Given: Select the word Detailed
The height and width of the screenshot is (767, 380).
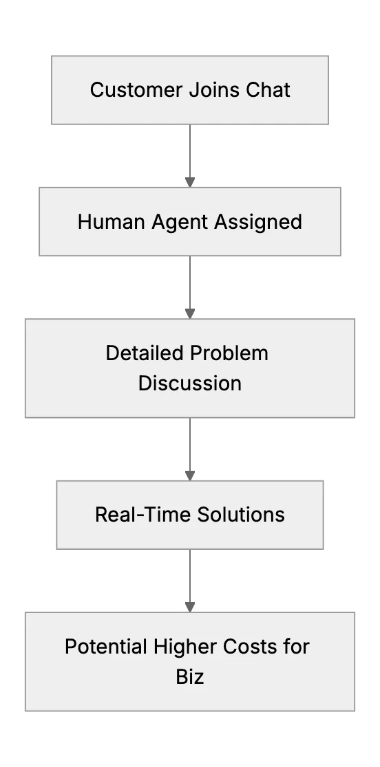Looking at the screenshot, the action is coord(145,353).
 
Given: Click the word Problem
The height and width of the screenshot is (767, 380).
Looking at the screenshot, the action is coord(229,353).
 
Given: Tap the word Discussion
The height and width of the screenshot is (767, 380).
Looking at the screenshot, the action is coord(190,383).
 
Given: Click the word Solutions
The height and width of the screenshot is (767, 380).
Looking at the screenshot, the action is coord(241,515).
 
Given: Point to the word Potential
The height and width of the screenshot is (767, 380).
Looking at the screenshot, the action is coord(106,647).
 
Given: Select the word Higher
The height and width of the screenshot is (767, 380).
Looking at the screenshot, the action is coord(185,647).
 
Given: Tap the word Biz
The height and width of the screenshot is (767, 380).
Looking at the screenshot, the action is coord(190,677).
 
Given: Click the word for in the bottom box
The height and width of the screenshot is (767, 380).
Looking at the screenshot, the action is coord(296,647).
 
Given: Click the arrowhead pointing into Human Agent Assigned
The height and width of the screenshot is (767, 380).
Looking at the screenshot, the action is coord(190,182).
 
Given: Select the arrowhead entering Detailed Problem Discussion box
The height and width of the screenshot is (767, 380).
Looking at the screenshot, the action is coord(190,314).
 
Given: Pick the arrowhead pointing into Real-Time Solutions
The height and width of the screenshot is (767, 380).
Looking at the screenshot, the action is coord(190,476).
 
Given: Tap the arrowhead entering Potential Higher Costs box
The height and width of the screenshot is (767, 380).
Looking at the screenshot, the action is coord(190,607).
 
